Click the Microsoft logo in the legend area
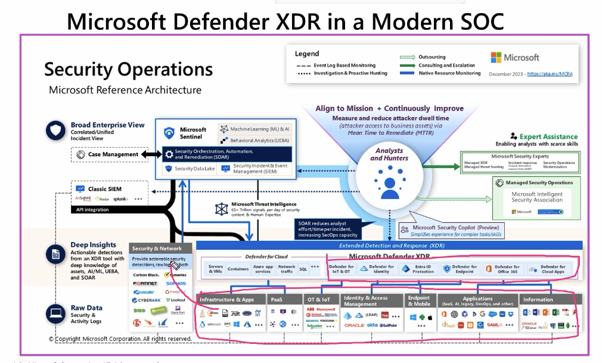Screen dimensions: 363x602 point(515,57)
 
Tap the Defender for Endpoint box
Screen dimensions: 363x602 point(460,269)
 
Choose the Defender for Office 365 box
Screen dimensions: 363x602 point(502,269)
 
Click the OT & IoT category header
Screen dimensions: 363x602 point(321,299)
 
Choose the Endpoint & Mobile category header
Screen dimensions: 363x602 point(419,301)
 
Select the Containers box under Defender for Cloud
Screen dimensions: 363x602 point(238,269)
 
